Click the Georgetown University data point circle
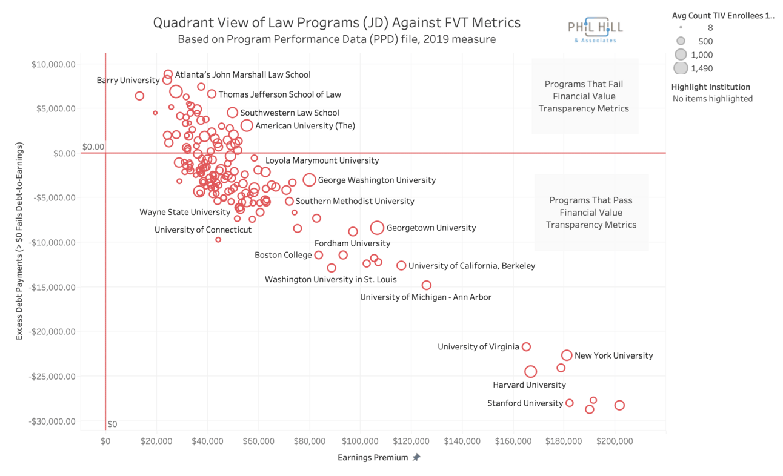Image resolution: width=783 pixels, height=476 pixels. [x=377, y=228]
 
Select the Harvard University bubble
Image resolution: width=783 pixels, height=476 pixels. [x=530, y=371]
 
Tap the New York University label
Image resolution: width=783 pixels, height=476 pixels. [x=613, y=355]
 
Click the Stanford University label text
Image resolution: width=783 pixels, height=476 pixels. [x=525, y=403]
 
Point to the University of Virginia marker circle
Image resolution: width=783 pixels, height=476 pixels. [x=526, y=347]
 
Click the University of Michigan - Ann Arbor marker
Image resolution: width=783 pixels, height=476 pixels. [x=426, y=285]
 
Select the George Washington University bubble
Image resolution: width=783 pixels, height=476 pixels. [x=309, y=180]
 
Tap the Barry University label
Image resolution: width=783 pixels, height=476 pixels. [x=128, y=80]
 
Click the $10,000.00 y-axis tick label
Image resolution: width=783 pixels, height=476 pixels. [x=55, y=64]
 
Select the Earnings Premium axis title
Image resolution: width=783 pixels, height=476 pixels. [x=373, y=458]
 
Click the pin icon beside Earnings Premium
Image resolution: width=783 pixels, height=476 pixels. [x=416, y=458]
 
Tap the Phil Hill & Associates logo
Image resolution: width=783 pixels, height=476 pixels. [x=595, y=30]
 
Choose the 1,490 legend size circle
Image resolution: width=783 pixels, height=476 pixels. [x=681, y=68]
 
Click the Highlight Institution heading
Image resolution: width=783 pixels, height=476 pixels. [x=710, y=87]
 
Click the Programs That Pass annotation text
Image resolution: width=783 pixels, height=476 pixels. [x=591, y=213]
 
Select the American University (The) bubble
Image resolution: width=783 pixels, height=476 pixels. [x=247, y=125]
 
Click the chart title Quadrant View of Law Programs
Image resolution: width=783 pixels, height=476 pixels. [x=336, y=23]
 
